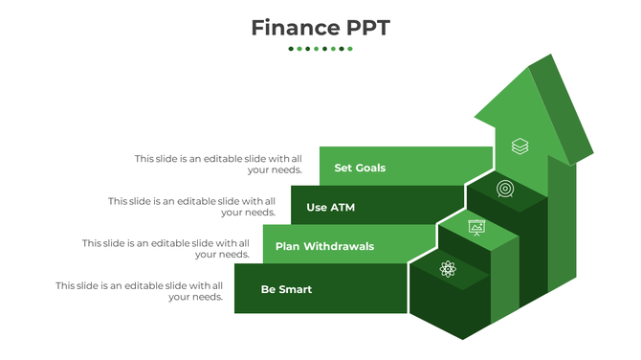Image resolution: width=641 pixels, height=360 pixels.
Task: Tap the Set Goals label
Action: pos(360,168)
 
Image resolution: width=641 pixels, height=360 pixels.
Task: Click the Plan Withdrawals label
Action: pos(324,246)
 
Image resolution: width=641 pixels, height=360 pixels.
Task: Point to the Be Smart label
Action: pos(286,289)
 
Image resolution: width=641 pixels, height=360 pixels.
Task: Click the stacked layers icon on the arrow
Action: pos(519,146)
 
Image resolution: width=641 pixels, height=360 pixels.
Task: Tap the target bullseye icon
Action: pos(505,189)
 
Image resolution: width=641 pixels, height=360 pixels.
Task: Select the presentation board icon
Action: pos(476,227)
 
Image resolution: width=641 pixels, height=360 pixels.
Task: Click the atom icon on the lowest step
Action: pos(448,269)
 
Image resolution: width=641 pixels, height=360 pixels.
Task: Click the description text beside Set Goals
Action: pos(218,164)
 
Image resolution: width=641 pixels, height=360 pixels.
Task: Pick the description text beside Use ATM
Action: pos(191,207)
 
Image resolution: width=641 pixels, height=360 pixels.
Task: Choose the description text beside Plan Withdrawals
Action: pos(166,249)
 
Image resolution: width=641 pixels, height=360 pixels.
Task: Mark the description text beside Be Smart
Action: pos(139,291)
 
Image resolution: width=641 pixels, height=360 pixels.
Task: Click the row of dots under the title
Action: pos(320,49)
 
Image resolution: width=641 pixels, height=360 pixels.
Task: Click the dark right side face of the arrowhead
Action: pos(563,109)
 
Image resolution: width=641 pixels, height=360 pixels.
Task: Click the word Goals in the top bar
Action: pos(371,168)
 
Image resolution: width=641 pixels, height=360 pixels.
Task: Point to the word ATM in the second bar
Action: pos(343,207)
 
